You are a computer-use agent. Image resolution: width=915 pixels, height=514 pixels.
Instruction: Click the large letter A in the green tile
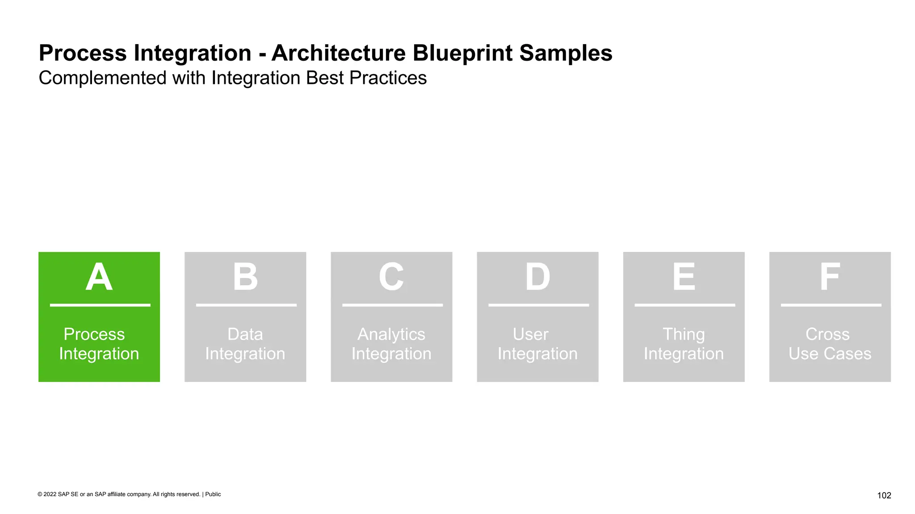[x=99, y=277]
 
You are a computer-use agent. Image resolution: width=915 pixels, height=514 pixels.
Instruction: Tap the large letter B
[x=245, y=277]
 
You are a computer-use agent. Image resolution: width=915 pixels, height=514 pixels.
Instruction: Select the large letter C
[x=391, y=277]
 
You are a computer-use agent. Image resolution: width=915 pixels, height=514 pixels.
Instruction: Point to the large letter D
[x=537, y=277]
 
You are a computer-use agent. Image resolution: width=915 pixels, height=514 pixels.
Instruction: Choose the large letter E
[x=684, y=277]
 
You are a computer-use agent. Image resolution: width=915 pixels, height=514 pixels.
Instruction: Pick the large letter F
[x=830, y=277]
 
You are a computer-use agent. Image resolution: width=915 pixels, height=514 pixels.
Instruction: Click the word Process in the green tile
[x=94, y=334]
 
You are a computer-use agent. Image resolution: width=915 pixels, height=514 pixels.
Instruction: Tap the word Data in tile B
[x=245, y=334]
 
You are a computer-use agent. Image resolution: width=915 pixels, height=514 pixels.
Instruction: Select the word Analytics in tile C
[x=391, y=334]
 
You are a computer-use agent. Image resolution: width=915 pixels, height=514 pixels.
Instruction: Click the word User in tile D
[x=530, y=334]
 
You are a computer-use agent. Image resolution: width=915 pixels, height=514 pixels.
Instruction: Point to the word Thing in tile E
[x=684, y=334]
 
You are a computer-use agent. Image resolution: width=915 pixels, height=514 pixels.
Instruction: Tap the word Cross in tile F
[x=827, y=334]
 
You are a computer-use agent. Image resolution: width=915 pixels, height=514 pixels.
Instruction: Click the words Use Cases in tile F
[x=830, y=354]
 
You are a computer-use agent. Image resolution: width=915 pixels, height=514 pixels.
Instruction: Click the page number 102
[x=884, y=495]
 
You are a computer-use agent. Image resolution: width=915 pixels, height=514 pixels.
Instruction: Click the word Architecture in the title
[x=338, y=53]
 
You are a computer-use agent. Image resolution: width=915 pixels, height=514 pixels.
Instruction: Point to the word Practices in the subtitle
[x=388, y=78]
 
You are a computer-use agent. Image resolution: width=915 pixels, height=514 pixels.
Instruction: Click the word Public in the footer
[x=213, y=494]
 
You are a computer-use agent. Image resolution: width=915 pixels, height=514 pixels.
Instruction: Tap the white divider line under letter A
[x=100, y=305]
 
